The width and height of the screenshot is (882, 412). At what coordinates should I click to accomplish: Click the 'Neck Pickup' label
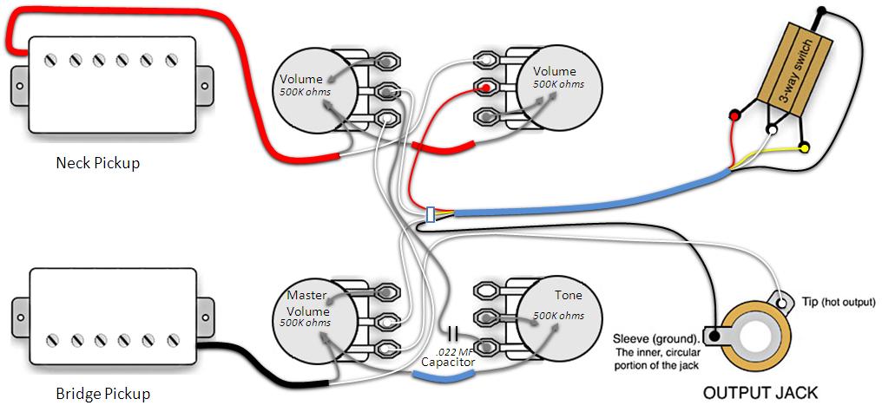coord(97,164)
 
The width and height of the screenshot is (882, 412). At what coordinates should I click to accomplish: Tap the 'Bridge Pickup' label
coord(103,394)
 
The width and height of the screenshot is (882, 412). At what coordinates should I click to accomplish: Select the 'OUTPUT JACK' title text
coord(760,393)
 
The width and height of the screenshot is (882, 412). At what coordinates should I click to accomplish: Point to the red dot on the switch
coord(734,115)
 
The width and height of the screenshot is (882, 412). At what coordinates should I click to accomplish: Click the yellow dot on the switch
coord(805,147)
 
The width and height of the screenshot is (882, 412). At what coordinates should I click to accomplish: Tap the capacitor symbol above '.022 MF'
coord(453,333)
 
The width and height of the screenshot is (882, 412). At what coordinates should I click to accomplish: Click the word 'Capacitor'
coord(448,363)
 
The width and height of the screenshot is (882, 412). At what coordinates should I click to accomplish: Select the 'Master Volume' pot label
coord(307,304)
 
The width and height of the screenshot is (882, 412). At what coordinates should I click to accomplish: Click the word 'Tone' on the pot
coord(568,295)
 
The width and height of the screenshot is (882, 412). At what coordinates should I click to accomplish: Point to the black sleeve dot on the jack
coord(714,337)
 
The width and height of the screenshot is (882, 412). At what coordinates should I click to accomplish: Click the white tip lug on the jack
coord(782,303)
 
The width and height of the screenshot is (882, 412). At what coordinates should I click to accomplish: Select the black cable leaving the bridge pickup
coord(265,368)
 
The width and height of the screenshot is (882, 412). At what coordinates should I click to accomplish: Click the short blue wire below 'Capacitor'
coord(448,379)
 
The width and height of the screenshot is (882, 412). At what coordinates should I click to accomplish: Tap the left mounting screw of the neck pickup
coord(20,87)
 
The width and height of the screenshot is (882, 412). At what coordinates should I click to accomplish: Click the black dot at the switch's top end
coord(822,10)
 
